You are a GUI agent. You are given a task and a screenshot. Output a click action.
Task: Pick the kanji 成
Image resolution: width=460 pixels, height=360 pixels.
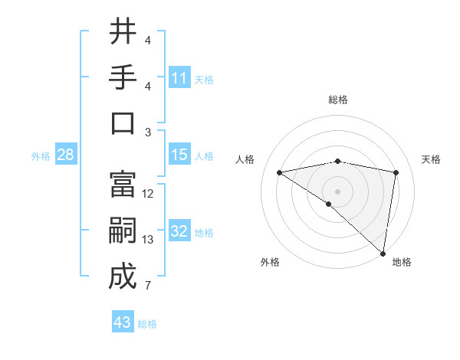(x=123, y=277)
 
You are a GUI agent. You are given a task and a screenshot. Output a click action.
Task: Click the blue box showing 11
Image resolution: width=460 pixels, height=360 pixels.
(x=179, y=78)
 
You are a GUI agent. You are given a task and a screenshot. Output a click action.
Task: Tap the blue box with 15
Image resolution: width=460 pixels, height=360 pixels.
(x=179, y=155)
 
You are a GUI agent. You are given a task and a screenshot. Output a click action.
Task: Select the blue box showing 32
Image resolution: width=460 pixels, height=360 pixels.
(x=179, y=231)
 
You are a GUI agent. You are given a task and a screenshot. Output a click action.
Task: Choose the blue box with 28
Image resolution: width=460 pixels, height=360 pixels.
(x=66, y=155)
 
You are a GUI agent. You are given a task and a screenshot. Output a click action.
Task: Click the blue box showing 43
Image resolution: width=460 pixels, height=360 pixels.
(x=123, y=322)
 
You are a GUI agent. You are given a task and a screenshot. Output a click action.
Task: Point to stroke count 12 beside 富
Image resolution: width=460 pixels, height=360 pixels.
(x=148, y=194)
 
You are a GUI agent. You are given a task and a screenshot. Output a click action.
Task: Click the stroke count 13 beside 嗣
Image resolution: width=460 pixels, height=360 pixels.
(x=148, y=240)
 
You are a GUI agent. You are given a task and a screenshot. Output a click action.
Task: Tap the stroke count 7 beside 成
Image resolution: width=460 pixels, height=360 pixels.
(x=147, y=286)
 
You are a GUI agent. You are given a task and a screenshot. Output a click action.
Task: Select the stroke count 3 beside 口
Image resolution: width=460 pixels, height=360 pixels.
(x=147, y=133)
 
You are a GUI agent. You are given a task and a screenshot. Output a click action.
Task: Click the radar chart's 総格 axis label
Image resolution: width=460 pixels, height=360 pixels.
(x=338, y=100)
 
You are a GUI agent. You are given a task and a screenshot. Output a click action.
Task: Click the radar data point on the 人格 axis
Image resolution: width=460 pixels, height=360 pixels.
(x=280, y=172)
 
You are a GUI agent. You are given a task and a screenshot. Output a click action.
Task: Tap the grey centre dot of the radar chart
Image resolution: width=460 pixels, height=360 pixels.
(x=337, y=191)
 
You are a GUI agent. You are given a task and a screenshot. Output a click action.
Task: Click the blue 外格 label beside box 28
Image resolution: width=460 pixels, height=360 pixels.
(x=41, y=155)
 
